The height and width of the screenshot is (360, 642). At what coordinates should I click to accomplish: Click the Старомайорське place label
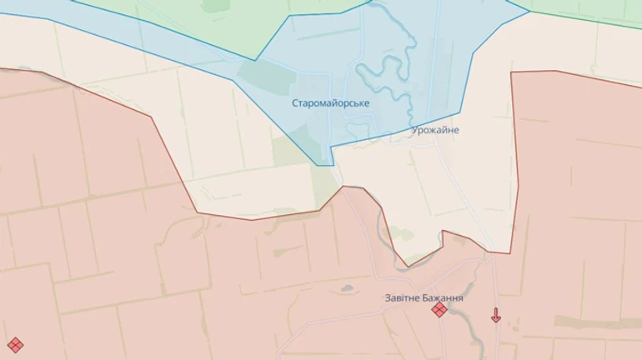[x=330, y=103]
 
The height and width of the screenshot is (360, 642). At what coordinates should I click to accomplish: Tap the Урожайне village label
[x=435, y=130]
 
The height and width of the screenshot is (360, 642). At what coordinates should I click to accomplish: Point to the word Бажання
[x=445, y=297]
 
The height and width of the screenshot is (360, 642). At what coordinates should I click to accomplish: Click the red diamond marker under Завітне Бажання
[x=439, y=310]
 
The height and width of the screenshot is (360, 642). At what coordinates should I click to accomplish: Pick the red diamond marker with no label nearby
[x=15, y=344]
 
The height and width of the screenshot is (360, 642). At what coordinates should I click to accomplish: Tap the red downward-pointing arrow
[x=496, y=315]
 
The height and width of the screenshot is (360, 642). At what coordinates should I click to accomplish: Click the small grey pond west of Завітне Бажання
[x=347, y=289]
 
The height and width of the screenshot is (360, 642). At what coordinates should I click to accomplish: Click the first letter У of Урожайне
[x=414, y=130]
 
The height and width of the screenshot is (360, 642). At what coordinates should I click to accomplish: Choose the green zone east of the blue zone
[x=584, y=8]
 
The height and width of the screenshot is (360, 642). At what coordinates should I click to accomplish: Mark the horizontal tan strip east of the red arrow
[x=584, y=321]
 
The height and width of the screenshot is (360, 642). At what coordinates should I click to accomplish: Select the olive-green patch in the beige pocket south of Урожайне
[x=400, y=234]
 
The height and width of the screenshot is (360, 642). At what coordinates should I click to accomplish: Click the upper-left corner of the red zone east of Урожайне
[x=512, y=73]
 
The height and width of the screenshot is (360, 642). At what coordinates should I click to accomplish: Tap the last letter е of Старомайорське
[x=366, y=103]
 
